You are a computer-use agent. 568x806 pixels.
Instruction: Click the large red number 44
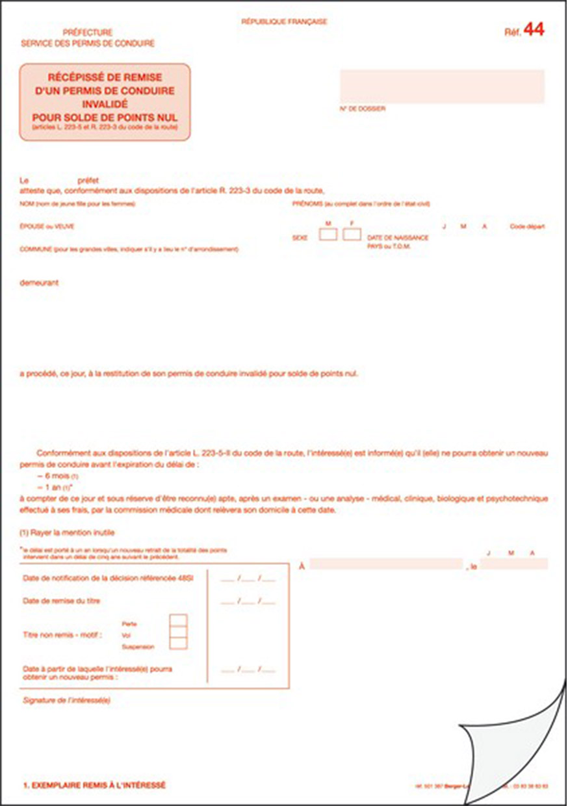click(534, 29)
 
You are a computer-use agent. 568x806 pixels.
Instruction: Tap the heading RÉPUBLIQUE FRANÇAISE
click(284, 21)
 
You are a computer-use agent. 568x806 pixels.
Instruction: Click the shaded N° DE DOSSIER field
click(442, 86)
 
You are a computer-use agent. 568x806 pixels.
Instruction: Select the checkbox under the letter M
click(328, 234)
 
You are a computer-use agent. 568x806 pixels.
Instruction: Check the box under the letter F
click(352, 234)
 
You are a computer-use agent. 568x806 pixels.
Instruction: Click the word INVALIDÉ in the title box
click(105, 103)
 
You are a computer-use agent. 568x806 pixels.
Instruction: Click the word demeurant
click(40, 283)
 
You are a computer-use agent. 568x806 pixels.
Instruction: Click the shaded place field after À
click(386, 564)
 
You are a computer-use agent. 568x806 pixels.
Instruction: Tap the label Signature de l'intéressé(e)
click(66, 700)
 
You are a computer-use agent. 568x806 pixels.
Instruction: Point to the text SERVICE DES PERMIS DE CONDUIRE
click(88, 44)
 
